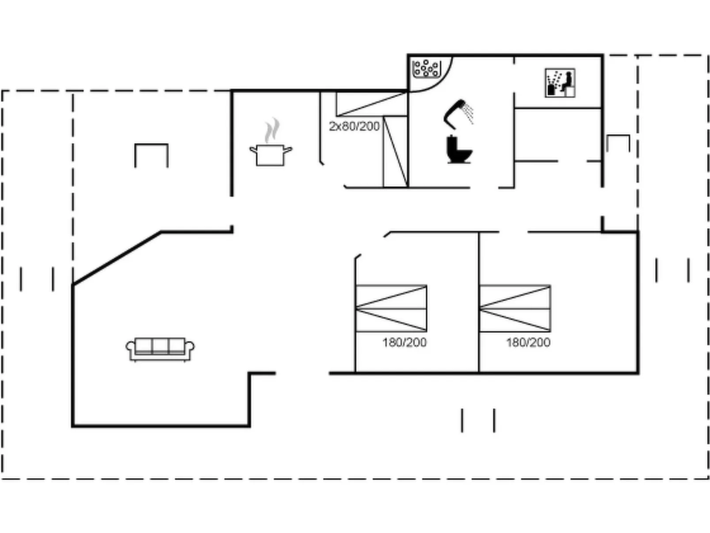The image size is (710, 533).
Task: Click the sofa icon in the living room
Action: click(x=160, y=349)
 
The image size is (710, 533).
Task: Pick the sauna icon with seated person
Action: click(x=560, y=83)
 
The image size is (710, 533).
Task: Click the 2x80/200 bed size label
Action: click(x=354, y=127)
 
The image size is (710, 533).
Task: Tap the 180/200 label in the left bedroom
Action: click(x=404, y=342)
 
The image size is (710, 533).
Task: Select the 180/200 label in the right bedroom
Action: click(x=528, y=342)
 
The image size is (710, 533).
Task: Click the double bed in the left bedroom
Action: click(x=391, y=308)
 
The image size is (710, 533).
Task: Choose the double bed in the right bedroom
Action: click(x=515, y=308)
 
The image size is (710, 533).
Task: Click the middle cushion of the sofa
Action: click(x=160, y=345)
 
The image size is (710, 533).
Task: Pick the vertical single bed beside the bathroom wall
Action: click(x=395, y=152)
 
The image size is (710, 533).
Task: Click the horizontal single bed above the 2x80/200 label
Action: click(x=371, y=104)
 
